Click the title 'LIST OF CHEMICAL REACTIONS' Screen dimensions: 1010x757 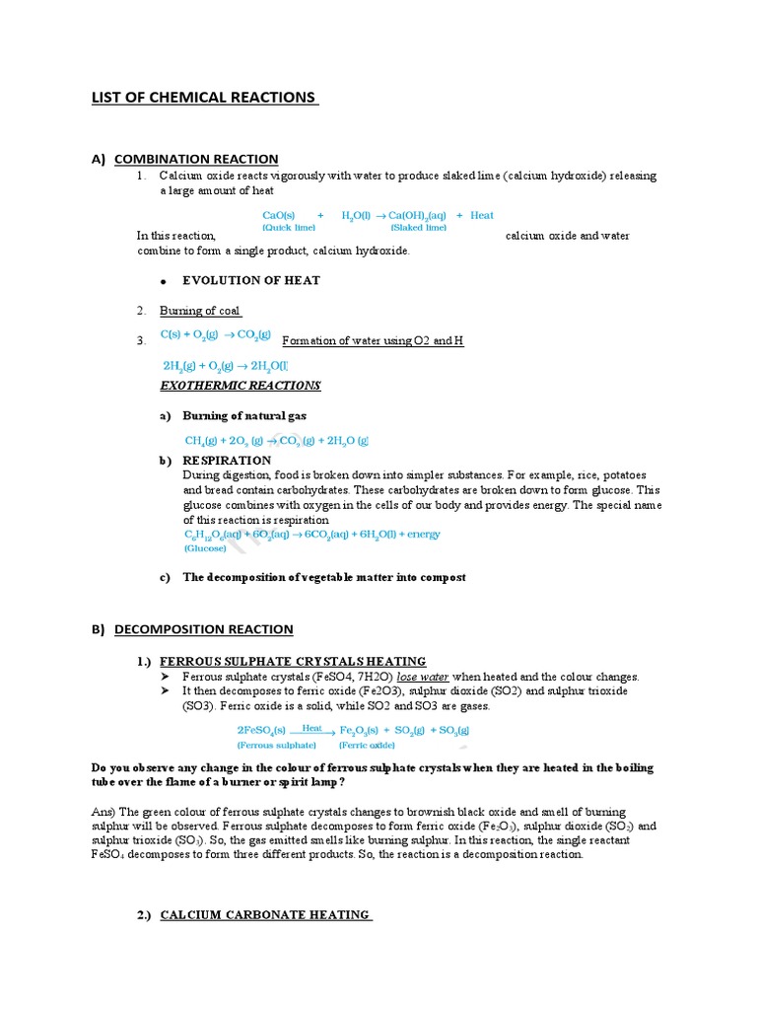204,98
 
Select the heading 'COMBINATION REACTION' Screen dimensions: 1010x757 196,159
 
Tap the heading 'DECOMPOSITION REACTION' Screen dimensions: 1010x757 203,629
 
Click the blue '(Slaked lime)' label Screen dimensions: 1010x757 418,228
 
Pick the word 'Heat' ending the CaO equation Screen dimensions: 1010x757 482,215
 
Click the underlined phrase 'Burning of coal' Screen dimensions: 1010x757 201,311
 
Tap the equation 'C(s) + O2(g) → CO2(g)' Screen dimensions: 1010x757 215,335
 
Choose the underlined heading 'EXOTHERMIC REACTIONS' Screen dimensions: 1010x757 241,385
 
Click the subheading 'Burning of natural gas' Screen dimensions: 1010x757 244,416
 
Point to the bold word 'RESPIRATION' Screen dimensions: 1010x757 227,461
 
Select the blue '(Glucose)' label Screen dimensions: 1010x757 206,547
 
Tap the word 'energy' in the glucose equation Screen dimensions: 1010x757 423,535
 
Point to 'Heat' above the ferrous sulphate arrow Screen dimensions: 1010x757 312,728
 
